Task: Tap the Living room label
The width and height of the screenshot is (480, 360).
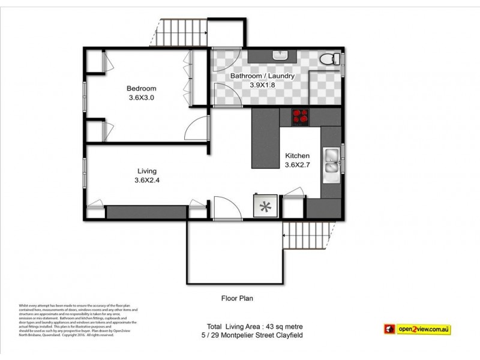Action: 147,170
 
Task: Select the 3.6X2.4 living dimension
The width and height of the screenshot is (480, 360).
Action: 147,179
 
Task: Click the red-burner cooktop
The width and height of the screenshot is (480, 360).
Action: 301,117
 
